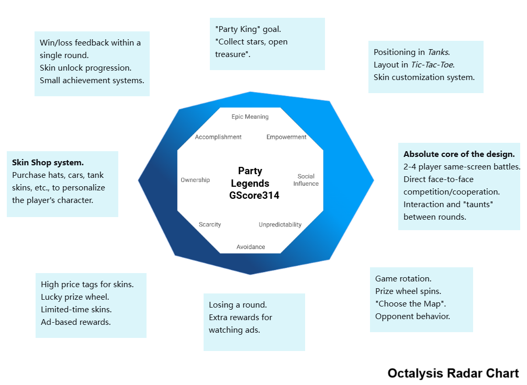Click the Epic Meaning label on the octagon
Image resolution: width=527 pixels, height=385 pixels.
(250, 117)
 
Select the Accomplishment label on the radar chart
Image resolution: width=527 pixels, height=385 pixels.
(218, 137)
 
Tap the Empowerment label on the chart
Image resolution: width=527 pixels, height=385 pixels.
(286, 137)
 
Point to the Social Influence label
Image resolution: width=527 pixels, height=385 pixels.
(306, 180)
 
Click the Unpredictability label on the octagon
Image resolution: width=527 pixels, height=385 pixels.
(280, 225)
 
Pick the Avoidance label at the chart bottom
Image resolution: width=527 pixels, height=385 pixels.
(251, 247)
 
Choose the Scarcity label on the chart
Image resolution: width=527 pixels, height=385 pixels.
(210, 225)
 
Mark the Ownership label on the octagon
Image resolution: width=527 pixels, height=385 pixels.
(195, 180)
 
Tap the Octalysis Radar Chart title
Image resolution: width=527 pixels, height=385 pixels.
(453, 373)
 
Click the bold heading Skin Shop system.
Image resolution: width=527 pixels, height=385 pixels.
(48, 163)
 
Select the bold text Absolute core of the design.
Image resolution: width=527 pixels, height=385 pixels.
(459, 154)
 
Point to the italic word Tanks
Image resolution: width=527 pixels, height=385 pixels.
(439, 52)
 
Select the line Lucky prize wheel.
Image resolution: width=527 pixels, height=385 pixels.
(75, 297)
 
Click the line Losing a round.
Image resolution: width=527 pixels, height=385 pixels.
(238, 305)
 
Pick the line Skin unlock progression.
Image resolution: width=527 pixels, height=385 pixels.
(85, 68)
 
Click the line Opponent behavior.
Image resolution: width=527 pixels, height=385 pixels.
(412, 316)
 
